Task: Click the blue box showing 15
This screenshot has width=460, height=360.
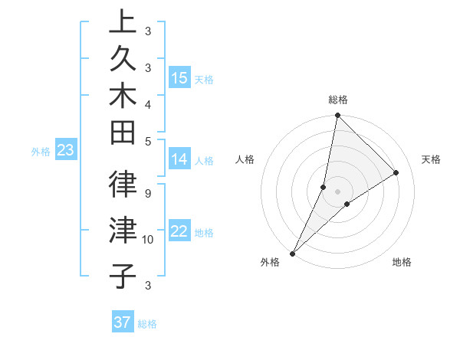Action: (x=179, y=78)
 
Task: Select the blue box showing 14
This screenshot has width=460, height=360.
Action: (x=179, y=160)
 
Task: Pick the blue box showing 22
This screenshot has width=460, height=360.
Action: (x=179, y=232)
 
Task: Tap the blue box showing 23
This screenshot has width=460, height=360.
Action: (x=65, y=151)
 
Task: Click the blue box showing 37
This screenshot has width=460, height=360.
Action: (x=122, y=322)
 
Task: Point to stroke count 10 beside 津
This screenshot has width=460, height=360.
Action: (x=149, y=240)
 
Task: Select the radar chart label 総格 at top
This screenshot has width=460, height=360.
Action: (x=338, y=100)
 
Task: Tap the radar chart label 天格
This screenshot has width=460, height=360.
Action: (x=432, y=159)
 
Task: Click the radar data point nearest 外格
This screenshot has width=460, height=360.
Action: (x=293, y=253)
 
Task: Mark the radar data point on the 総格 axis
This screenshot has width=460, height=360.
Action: (x=337, y=116)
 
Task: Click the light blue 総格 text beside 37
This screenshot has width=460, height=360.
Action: (x=147, y=324)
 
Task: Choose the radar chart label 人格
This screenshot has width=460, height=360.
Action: (x=245, y=159)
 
